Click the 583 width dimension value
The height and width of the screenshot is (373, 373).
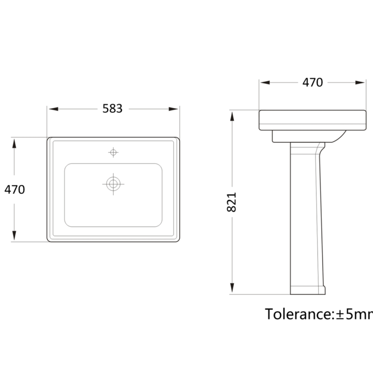(x=112, y=109)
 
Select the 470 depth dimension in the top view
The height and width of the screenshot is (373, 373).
(x=15, y=189)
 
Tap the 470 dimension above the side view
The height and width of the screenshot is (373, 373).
(x=312, y=82)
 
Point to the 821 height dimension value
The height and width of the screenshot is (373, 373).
(x=232, y=202)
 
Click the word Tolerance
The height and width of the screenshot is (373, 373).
(x=297, y=314)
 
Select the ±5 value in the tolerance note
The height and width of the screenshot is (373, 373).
(x=344, y=314)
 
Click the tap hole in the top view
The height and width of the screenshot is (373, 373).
(x=113, y=152)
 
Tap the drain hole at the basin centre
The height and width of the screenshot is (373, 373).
(x=113, y=184)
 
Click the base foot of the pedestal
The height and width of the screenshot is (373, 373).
(x=308, y=290)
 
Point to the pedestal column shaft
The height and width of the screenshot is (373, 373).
(x=306, y=216)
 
